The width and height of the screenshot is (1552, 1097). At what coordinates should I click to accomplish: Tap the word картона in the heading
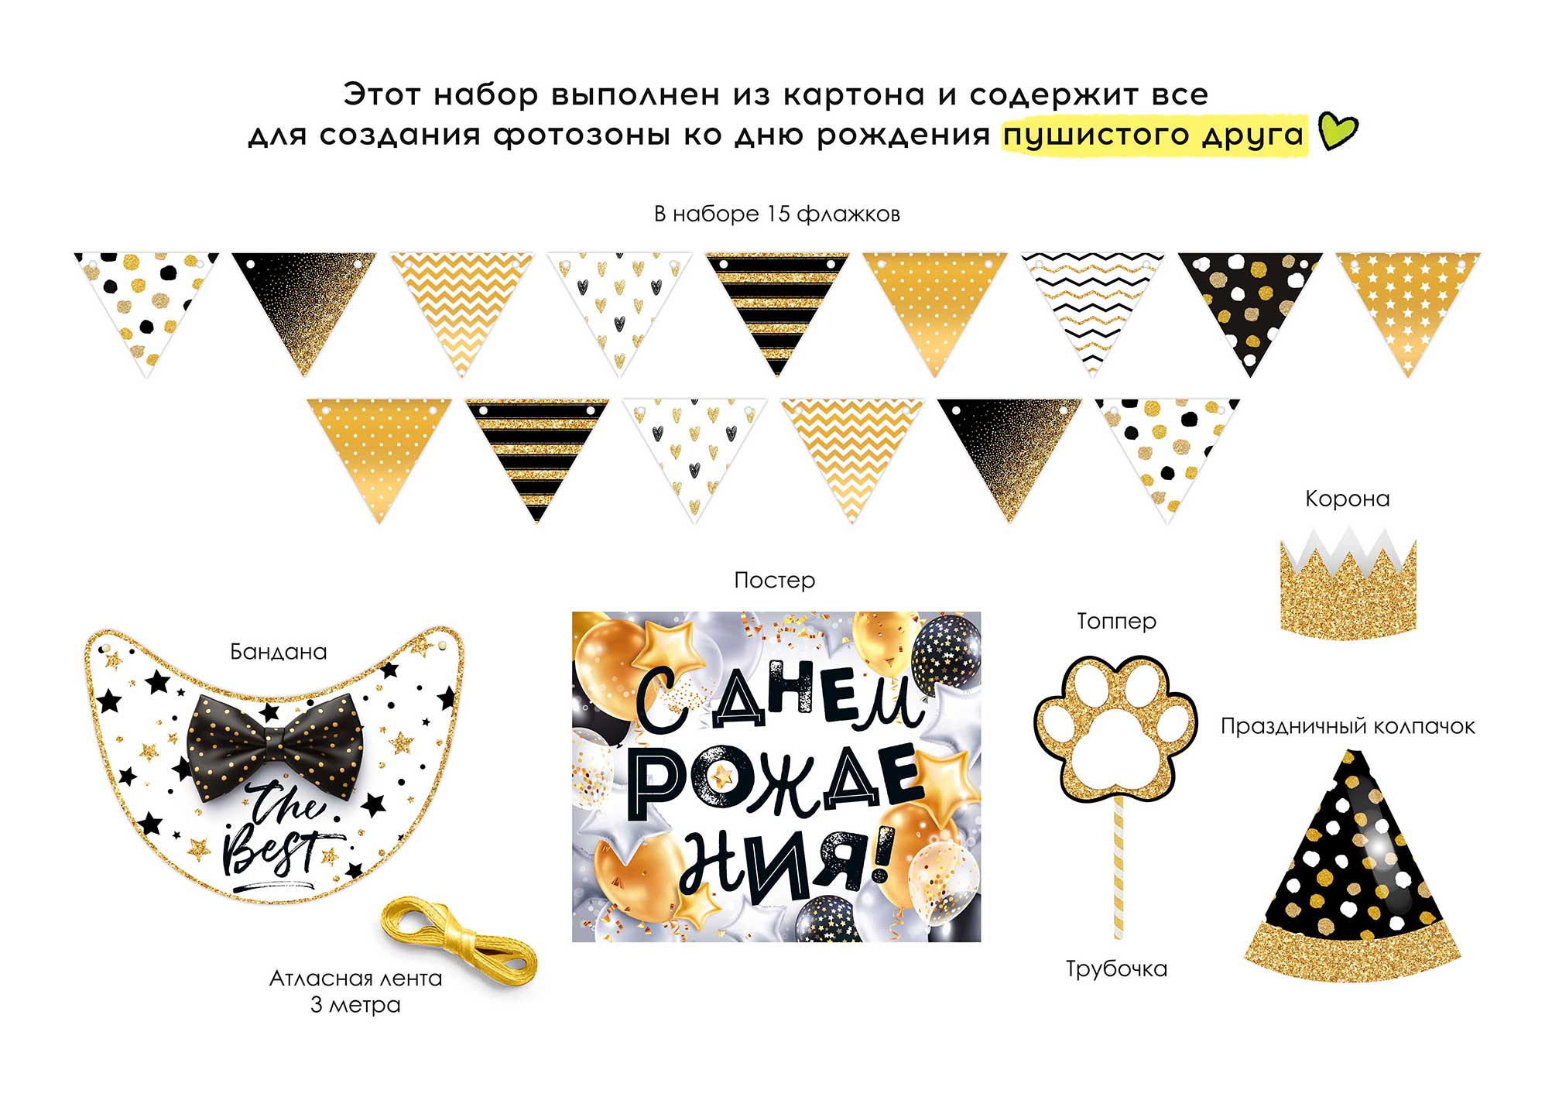tap(854, 95)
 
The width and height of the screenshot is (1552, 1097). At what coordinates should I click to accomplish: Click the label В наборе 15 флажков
tap(776, 214)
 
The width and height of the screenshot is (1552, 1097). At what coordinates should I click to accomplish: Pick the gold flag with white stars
tap(1407, 306)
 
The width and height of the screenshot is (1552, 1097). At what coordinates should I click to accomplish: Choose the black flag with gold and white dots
tap(1249, 306)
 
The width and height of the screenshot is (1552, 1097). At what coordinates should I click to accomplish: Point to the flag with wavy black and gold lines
tap(1092, 306)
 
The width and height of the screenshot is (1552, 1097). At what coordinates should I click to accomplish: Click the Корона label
tap(1347, 499)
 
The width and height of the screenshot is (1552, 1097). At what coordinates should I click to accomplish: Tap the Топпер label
tap(1116, 621)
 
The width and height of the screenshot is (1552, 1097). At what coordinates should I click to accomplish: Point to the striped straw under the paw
tap(1117, 867)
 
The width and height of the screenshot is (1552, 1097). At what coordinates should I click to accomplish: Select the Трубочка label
tap(1116, 969)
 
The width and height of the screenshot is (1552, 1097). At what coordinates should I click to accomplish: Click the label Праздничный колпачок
tap(1348, 726)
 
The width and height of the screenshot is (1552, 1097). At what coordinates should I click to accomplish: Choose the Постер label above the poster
tap(774, 581)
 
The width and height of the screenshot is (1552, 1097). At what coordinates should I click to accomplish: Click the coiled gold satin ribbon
tap(458, 938)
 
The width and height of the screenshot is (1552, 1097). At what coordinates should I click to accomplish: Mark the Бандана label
tap(279, 652)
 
